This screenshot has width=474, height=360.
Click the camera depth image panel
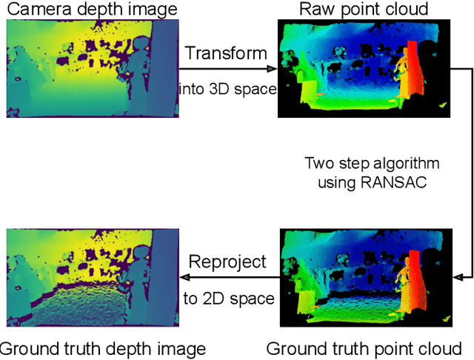[x=93, y=68]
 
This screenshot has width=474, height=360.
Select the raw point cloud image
[x=364, y=68]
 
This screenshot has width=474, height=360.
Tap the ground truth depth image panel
[x=93, y=278]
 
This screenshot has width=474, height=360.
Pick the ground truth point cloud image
[x=364, y=278]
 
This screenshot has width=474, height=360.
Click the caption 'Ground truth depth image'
[x=102, y=348]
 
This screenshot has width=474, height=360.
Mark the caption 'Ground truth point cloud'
[x=364, y=348]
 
